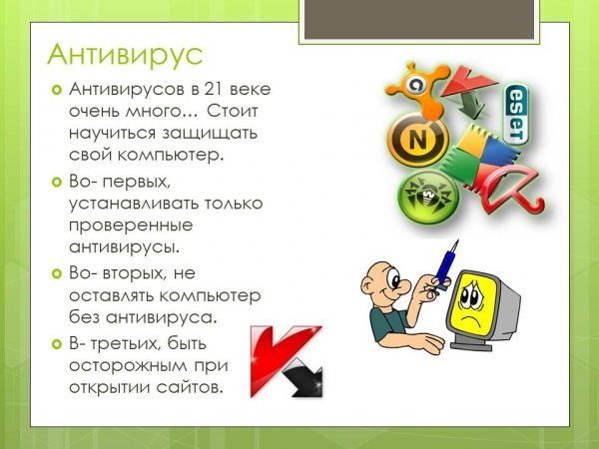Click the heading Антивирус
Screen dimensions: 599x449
[125, 55]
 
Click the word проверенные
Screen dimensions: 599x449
[131, 225]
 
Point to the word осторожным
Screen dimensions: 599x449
[123, 366]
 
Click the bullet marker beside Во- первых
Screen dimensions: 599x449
[56, 183]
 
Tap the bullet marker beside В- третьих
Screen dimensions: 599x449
[56, 344]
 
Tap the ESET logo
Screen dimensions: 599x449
[516, 114]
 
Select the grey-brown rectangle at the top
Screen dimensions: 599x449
[419, 19]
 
